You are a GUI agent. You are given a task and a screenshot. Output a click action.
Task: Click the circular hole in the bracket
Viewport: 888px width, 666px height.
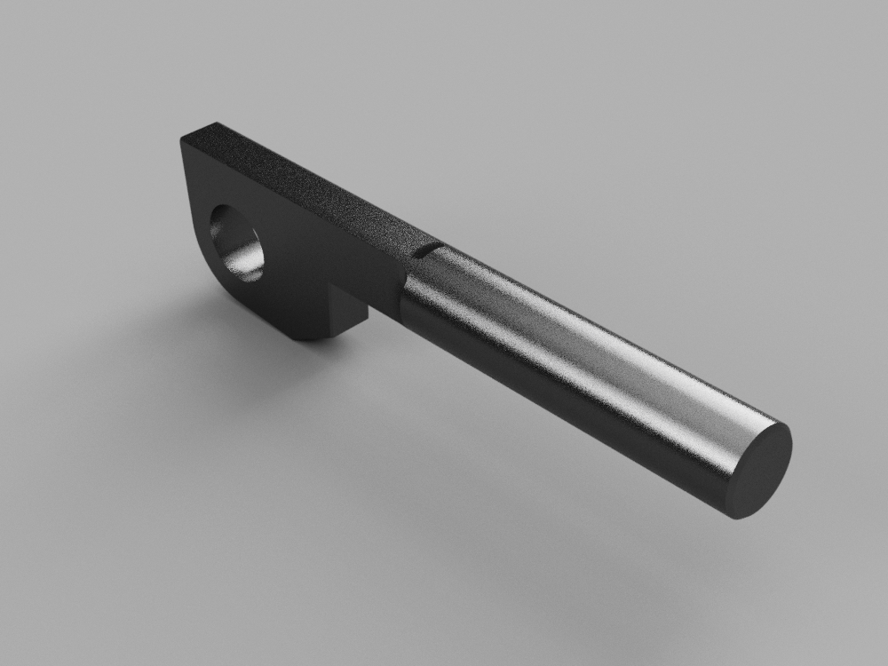pos(237,242)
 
